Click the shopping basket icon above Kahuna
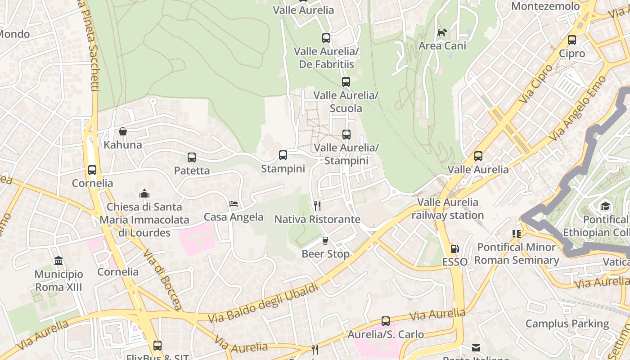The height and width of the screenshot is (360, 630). pyautogui.click(x=122, y=131)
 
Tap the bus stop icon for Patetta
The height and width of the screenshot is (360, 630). pyautogui.click(x=192, y=157)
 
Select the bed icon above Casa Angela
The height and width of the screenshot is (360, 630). pyautogui.click(x=234, y=204)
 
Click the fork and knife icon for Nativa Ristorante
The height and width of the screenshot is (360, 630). pyautogui.click(x=317, y=206)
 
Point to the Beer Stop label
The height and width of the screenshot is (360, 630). pyautogui.click(x=325, y=254)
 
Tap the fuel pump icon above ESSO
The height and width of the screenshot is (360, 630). pyautogui.click(x=455, y=249)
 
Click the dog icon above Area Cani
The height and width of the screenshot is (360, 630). pyautogui.click(x=442, y=32)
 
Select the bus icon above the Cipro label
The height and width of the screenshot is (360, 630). pyautogui.click(x=572, y=40)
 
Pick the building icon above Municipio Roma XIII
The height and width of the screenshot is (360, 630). pyautogui.click(x=58, y=261)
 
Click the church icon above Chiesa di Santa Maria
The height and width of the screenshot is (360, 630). pyautogui.click(x=144, y=193)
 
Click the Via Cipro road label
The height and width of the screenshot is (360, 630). pyautogui.click(x=535, y=84)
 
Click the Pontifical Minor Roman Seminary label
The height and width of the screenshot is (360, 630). pyautogui.click(x=517, y=254)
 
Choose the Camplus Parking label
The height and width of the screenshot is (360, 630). pyautogui.click(x=567, y=324)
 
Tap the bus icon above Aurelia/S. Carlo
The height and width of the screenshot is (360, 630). pyautogui.click(x=386, y=321)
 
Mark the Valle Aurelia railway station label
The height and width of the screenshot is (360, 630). pyautogui.click(x=448, y=209)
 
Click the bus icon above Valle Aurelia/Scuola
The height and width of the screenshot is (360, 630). pyautogui.click(x=346, y=82)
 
